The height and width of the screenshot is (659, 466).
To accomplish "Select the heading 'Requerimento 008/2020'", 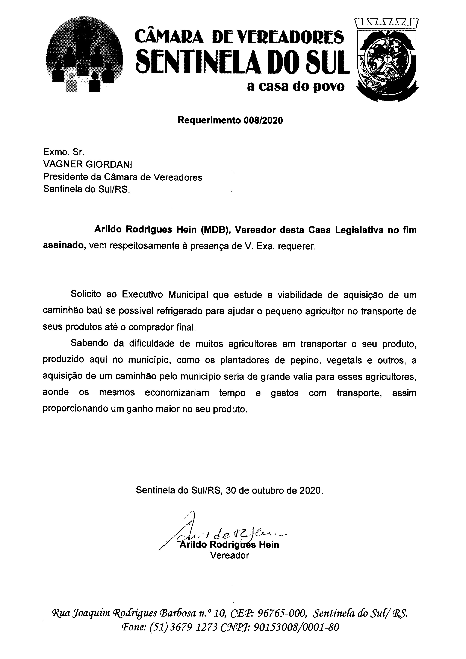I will pyautogui.click(x=230, y=120).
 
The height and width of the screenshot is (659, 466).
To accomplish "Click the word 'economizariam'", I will pyautogui.click(x=177, y=393).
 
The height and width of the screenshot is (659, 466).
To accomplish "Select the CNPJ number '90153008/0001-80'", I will pyautogui.click(x=297, y=627).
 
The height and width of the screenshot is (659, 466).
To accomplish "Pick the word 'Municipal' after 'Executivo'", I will pyautogui.click(x=188, y=295).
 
